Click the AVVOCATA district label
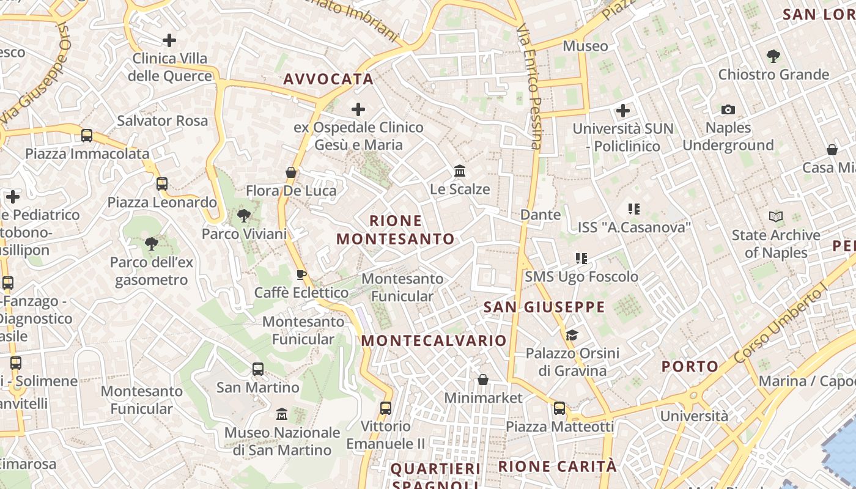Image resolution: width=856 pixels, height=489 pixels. [328, 79]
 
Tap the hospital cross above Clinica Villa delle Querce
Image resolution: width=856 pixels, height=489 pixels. [169, 40]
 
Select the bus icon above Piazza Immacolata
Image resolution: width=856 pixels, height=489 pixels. [87, 136]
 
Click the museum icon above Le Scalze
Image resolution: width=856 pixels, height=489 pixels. [460, 171]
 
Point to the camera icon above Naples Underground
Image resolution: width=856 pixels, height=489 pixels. [728, 110]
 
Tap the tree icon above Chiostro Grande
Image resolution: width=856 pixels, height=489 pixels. [773, 56]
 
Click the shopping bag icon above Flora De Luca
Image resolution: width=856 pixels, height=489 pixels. [291, 172]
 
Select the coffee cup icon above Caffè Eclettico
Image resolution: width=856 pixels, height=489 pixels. [301, 274]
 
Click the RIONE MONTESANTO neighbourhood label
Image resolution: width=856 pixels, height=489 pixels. [396, 230]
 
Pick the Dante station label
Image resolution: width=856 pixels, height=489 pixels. [541, 215]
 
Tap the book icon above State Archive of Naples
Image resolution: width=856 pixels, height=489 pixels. [776, 217]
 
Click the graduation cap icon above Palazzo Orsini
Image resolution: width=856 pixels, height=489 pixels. [572, 335]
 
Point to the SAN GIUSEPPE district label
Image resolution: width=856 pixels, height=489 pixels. [544, 307]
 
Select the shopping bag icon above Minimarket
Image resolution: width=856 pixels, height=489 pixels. [483, 380]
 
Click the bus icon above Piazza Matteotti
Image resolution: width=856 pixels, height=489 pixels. [559, 408]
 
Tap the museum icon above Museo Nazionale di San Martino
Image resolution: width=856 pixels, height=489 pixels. [281, 414]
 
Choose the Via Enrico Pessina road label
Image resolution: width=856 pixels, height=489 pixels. [529, 86]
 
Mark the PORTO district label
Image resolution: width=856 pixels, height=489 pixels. [690, 367]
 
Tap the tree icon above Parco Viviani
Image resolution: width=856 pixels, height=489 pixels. [244, 216]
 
